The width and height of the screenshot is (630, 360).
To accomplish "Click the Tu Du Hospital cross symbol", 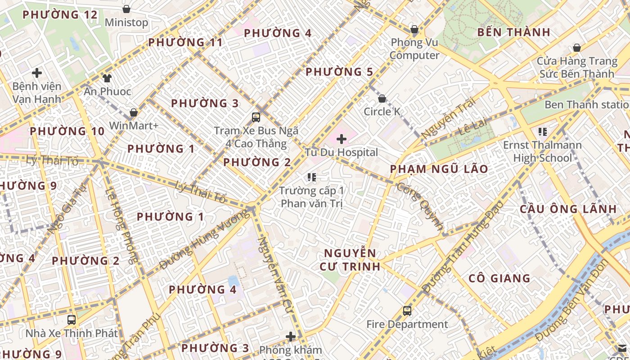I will pos(342,139).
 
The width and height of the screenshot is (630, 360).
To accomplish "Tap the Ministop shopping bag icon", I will pos(126,9).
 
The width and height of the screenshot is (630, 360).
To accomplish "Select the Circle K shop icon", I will pos(382,99).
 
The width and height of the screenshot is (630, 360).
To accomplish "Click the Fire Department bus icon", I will pos(407,311).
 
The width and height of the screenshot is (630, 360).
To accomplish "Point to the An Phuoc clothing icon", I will pos(107,78).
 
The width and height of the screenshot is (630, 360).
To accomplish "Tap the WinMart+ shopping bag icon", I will pos(134,112).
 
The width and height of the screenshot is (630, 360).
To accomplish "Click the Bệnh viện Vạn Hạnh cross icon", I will pos(37,72).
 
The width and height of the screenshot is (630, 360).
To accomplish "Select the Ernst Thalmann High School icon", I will pos(543,132).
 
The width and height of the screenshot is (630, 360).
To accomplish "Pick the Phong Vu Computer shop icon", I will pos(414,30).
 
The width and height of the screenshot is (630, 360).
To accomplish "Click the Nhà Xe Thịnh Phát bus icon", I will pos(72,320).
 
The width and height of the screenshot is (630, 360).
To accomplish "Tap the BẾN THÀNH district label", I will pos(513,32).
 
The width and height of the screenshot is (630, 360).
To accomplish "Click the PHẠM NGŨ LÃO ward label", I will pos(439,169).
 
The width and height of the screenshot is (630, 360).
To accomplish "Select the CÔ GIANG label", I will pos(499,278).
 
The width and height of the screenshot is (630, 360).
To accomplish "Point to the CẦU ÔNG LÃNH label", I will pos(568,209).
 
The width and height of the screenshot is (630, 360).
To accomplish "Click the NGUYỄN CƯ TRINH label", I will pos(350,260).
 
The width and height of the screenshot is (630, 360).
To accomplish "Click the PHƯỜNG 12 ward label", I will pos(60,15).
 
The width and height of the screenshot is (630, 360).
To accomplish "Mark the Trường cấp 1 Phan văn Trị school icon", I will pos(311,177).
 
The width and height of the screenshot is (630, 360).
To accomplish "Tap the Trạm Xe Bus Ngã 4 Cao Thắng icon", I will pos(256,117).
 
